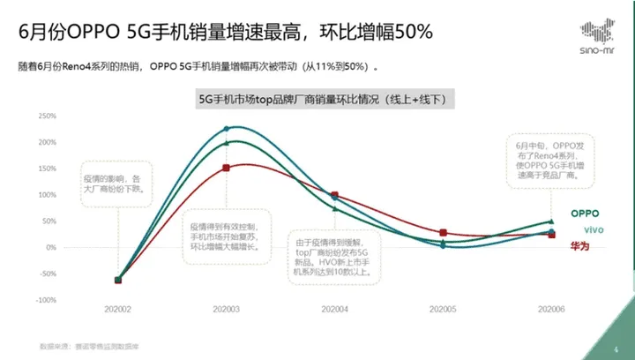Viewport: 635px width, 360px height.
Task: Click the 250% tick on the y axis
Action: click(x=45, y=115)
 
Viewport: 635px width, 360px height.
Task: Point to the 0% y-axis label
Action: click(x=49, y=247)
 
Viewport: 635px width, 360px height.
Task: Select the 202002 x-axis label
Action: click(x=117, y=309)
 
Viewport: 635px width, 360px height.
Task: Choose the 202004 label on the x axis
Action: click(x=333, y=309)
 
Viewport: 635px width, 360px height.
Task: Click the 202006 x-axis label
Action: click(x=551, y=309)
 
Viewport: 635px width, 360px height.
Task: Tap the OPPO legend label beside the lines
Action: click(x=585, y=214)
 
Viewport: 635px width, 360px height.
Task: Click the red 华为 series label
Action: click(x=580, y=246)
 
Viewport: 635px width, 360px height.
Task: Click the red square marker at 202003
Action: click(x=227, y=168)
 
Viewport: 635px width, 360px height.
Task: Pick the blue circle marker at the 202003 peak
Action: click(x=227, y=129)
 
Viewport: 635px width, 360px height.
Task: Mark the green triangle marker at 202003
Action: click(x=227, y=143)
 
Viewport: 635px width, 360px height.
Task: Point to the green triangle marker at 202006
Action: click(x=551, y=221)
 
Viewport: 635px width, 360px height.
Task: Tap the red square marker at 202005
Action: click(x=443, y=233)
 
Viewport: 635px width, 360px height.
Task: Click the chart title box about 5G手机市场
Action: click(x=326, y=101)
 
